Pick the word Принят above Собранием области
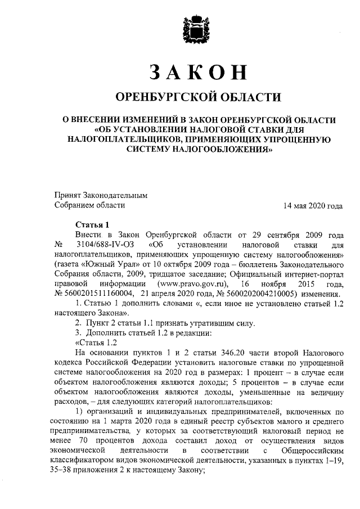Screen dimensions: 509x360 67,195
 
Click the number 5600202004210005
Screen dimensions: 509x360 242,295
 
